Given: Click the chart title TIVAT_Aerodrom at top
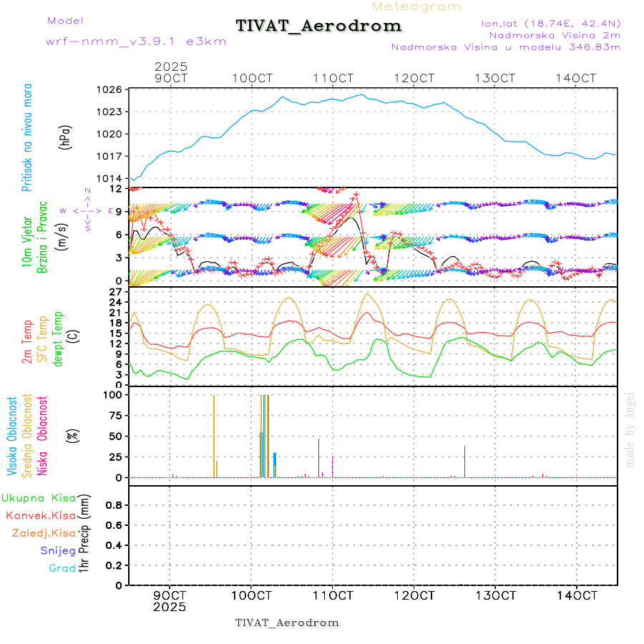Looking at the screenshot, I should coord(318,26).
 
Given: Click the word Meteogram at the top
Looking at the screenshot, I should coord(416,6).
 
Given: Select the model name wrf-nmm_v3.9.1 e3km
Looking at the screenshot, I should coord(136,42).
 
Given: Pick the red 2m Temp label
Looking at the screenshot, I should coord(27,343).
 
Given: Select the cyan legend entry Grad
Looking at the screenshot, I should coord(62,568).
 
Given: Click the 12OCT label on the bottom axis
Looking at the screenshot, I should coord(414,595).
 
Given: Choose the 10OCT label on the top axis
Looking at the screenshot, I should coord(251,78).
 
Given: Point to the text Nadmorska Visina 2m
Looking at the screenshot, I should coord(555,34).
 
